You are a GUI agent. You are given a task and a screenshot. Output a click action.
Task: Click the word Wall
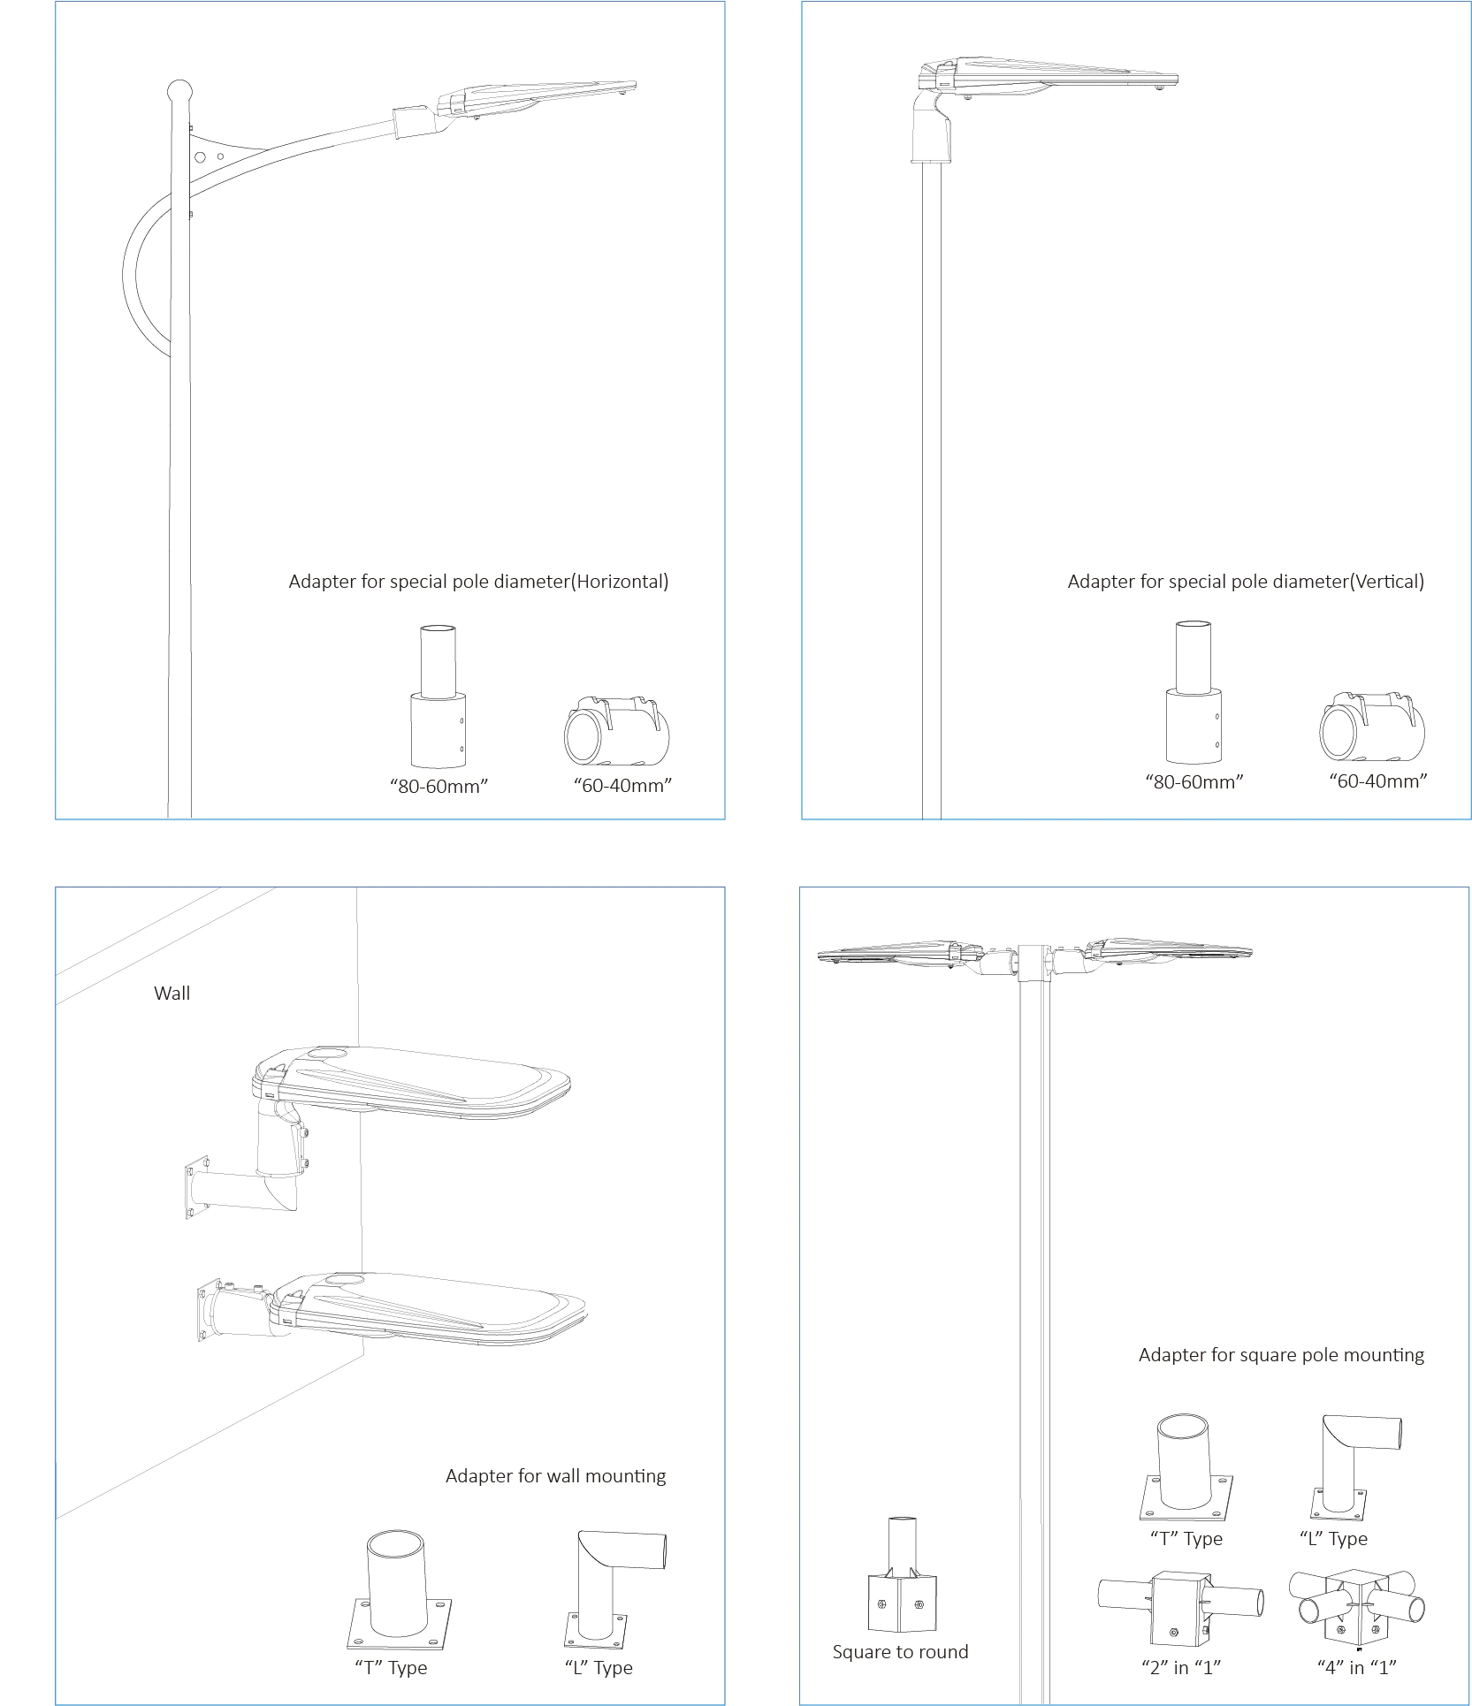coord(172,994)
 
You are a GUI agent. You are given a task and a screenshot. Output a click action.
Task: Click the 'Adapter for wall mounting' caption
coord(555,1476)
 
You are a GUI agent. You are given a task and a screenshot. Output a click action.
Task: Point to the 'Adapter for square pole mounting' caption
coord(1281,1355)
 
